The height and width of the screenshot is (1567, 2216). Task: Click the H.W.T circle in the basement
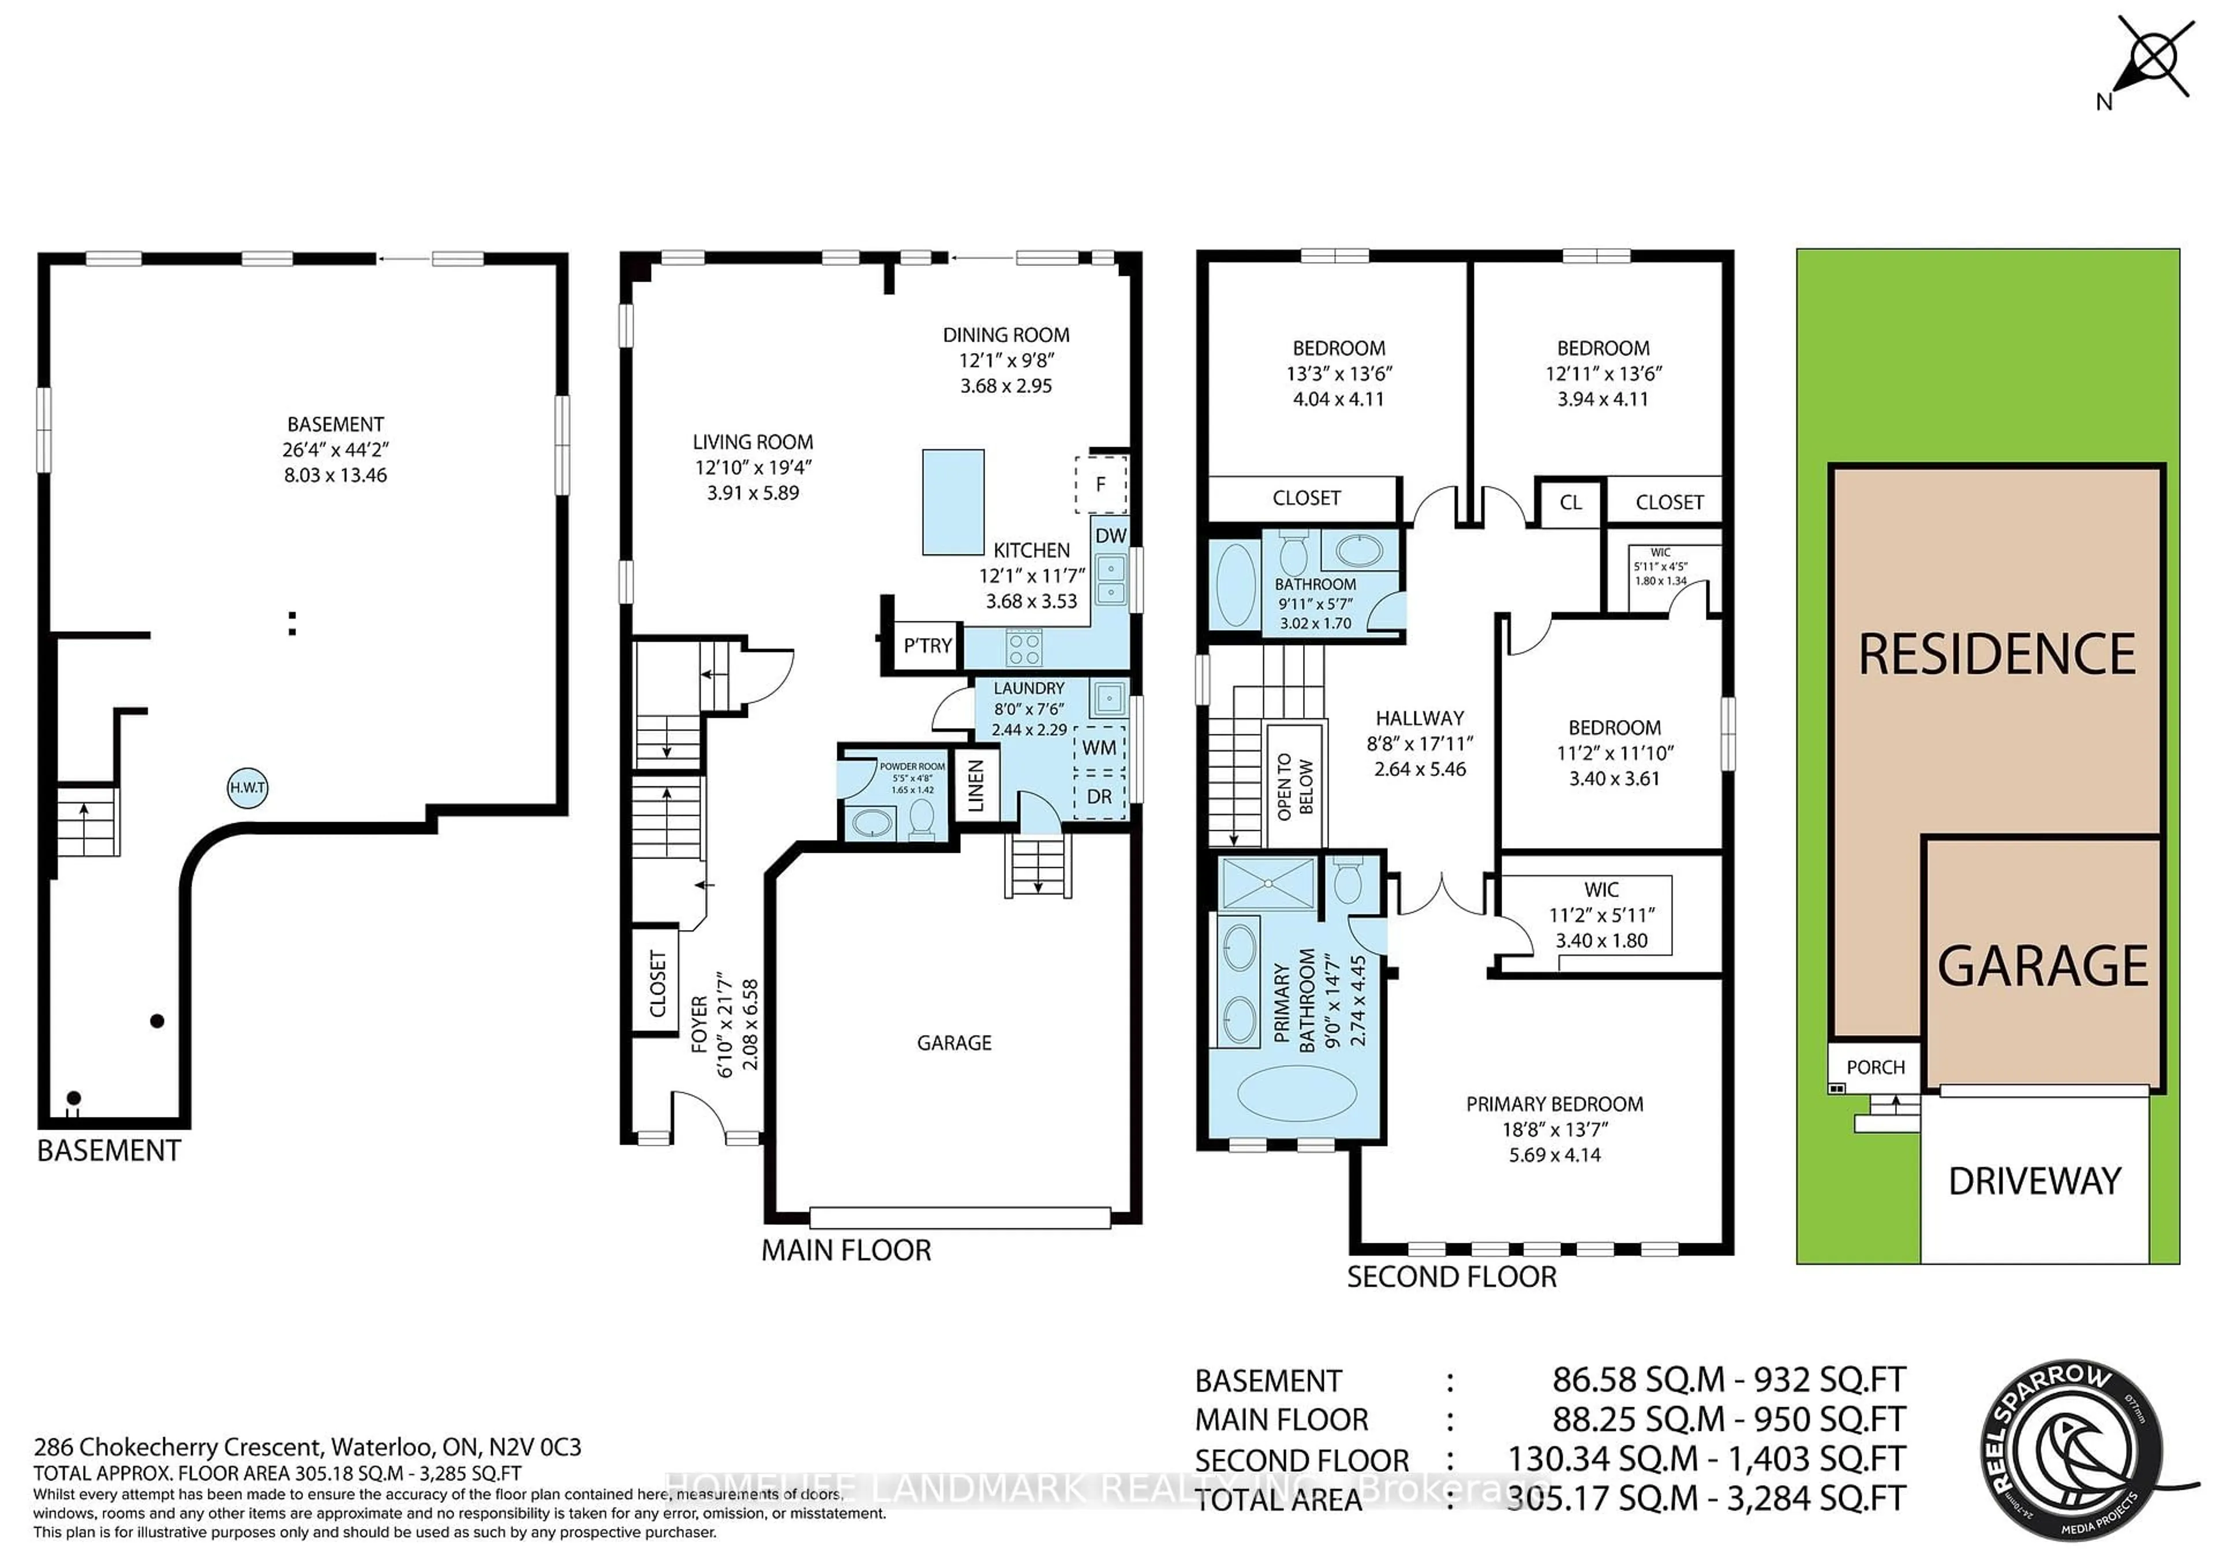[x=247, y=788]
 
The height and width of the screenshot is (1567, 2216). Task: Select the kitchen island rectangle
[x=953, y=502]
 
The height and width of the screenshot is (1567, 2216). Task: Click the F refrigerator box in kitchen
[x=1100, y=485]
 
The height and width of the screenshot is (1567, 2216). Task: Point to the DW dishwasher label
[x=1111, y=535]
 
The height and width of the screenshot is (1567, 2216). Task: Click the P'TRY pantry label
[x=927, y=646]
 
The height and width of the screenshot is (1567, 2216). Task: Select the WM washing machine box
[x=1099, y=748]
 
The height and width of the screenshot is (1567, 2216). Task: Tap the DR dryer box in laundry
[x=1099, y=797]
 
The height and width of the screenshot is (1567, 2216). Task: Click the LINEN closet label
[x=976, y=785]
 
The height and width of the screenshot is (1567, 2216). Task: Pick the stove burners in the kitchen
[x=1024, y=647]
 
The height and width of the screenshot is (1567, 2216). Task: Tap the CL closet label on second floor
[x=1570, y=503]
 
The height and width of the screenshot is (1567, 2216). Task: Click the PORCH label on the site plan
[x=1876, y=1067]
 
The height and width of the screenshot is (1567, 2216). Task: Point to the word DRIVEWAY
[x=2035, y=1181]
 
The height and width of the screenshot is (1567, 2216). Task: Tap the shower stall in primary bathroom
[x=1267, y=883]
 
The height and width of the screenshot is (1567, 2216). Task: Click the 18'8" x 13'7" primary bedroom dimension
[x=1554, y=1129]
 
